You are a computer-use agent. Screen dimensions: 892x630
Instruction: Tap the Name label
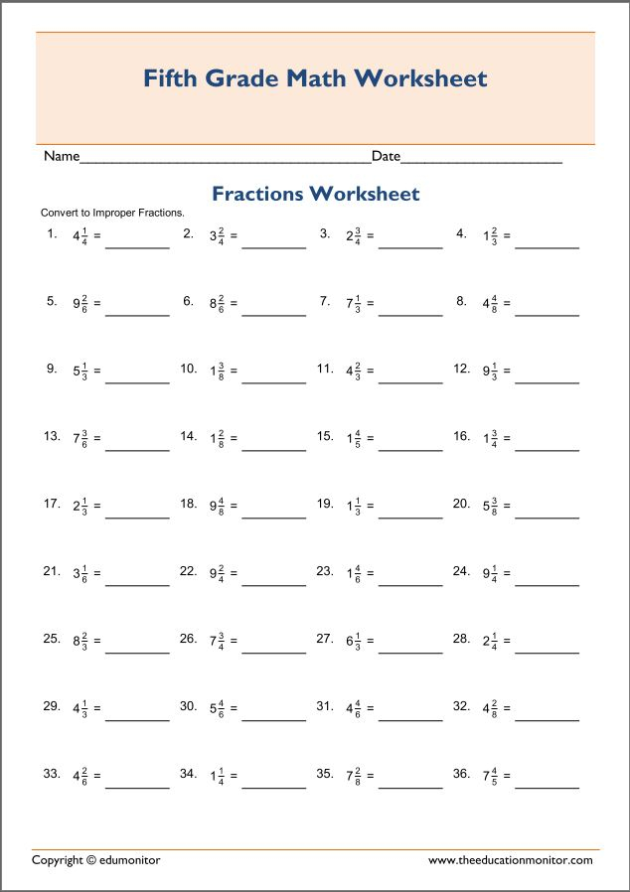pos(61,156)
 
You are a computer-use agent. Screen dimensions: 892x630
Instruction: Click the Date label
pos(386,156)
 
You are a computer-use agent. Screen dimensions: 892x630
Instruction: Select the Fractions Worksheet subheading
pos(315,194)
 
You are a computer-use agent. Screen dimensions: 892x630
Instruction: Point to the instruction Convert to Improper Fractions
pos(112,213)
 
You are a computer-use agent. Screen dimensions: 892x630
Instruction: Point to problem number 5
pos(52,301)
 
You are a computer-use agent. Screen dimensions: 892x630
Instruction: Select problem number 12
pos(461,369)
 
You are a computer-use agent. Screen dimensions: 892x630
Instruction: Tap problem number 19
pos(325,504)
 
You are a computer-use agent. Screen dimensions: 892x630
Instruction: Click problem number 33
pos(52,773)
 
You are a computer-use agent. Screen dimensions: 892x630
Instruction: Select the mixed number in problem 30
pos(217,708)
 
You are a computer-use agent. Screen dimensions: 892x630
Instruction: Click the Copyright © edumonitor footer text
pos(95,860)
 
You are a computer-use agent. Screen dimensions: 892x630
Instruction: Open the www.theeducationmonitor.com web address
pos(513,860)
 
